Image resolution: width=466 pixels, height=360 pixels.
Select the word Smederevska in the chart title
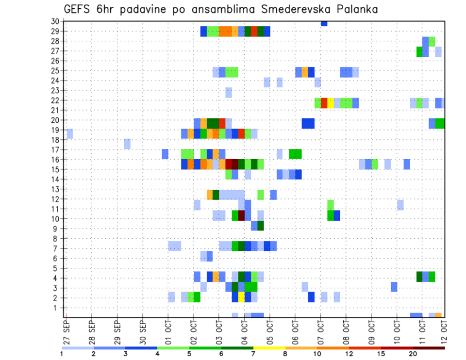coord(284,9)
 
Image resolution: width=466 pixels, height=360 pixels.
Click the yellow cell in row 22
coord(331,103)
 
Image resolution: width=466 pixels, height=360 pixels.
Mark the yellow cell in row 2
coord(241,297)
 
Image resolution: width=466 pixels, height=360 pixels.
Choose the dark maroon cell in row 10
coord(241,215)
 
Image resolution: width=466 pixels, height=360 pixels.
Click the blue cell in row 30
coord(324,23)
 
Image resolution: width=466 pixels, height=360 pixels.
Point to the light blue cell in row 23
coord(229,92)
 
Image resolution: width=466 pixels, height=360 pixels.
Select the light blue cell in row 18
coord(127,144)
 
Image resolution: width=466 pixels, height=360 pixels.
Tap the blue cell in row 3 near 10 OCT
coord(394,287)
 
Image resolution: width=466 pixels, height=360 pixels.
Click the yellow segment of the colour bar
coord(269,348)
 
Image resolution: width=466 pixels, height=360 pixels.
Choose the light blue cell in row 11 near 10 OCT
coord(400,205)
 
